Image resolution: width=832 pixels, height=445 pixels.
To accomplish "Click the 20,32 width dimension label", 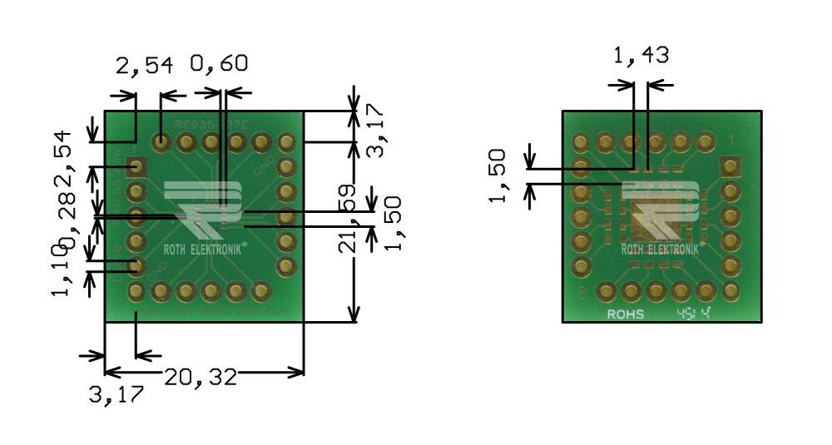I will (200, 378).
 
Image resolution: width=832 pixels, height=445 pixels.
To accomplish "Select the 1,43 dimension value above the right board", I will (641, 56).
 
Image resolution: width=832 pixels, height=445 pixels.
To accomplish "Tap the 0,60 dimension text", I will (219, 64).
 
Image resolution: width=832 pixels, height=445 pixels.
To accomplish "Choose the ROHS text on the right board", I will (626, 314).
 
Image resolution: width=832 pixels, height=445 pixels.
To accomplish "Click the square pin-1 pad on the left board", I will (136, 167).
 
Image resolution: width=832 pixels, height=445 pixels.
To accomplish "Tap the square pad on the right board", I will (730, 167).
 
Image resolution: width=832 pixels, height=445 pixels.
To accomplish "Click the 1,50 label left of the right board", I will (498, 176).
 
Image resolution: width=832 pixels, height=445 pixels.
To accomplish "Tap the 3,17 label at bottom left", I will (116, 394).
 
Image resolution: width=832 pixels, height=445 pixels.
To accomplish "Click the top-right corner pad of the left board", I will (286, 142).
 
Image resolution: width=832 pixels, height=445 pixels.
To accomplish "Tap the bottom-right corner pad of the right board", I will (730, 291).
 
